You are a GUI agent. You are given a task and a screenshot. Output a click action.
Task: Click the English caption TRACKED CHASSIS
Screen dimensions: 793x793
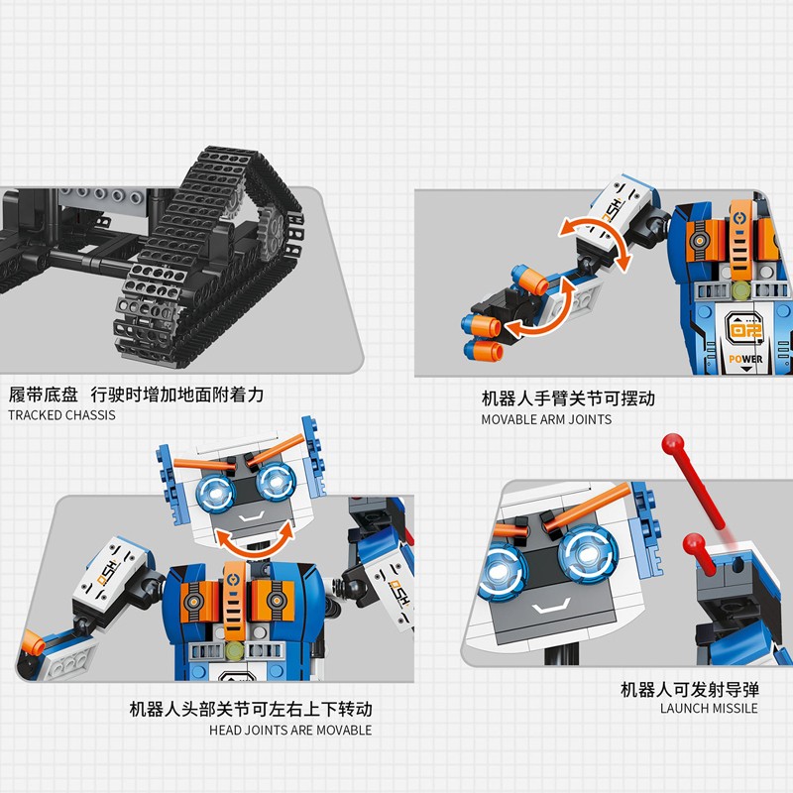(x=61, y=415)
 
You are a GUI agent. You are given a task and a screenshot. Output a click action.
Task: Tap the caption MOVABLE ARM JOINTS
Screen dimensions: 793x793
(x=546, y=419)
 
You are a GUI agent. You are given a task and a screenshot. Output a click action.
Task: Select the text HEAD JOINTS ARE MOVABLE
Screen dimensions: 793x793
(x=290, y=731)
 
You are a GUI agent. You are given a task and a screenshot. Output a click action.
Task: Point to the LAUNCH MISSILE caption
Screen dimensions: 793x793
(x=709, y=709)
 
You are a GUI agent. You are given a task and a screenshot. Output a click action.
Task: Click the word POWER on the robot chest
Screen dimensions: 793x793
(x=745, y=359)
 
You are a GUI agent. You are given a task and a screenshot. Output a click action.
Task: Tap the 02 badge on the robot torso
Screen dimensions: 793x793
(x=744, y=330)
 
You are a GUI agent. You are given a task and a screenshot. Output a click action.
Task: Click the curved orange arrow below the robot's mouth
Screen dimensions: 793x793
(x=256, y=540)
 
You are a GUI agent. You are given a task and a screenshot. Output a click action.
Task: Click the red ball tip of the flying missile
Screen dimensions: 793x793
(x=673, y=444)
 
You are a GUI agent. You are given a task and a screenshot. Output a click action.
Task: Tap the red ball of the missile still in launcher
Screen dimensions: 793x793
(x=693, y=543)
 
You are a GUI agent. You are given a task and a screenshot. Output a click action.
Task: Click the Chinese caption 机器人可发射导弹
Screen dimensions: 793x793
(x=690, y=689)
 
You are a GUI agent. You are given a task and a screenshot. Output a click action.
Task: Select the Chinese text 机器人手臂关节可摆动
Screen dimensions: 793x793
(x=568, y=398)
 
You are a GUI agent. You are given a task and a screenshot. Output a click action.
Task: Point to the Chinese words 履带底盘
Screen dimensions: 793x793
(x=44, y=395)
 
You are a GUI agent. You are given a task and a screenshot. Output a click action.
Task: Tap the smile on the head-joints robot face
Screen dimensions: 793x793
(x=252, y=516)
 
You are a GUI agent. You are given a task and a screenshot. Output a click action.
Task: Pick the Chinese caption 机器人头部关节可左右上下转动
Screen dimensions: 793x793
(x=251, y=709)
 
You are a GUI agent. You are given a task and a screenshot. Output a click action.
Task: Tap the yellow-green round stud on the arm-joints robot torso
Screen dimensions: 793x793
(x=741, y=289)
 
